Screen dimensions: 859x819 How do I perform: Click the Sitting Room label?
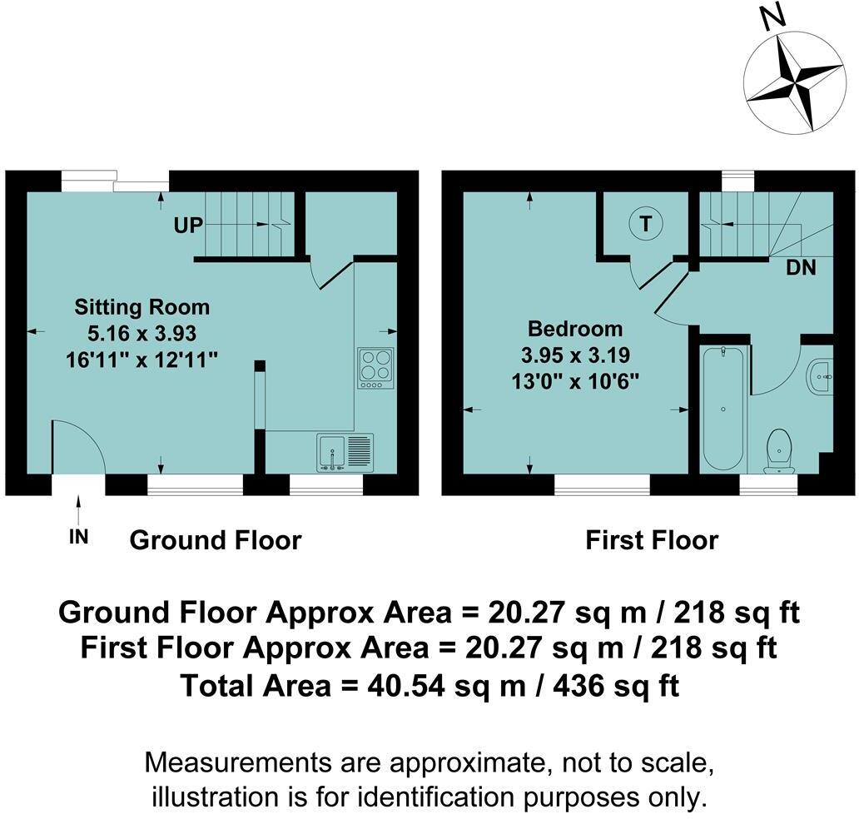tap(142, 307)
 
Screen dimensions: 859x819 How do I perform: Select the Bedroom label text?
tap(575, 329)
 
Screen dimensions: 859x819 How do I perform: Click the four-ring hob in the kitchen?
tap(376, 368)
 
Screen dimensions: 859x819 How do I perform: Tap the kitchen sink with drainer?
tap(345, 453)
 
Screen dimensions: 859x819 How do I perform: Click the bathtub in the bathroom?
tap(723, 408)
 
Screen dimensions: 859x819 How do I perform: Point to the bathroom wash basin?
tap(820, 376)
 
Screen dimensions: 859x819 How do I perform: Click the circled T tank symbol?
tap(646, 224)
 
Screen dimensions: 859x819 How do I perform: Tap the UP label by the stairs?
tap(188, 226)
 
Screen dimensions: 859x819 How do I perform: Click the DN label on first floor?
tap(801, 267)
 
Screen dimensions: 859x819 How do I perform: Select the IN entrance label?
tap(79, 537)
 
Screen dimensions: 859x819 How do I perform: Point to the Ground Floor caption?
tap(216, 540)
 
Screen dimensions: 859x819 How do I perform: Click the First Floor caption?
tap(652, 540)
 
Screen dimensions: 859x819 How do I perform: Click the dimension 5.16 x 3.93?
tap(142, 333)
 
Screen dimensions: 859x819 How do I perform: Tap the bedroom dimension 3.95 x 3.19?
tap(575, 355)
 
